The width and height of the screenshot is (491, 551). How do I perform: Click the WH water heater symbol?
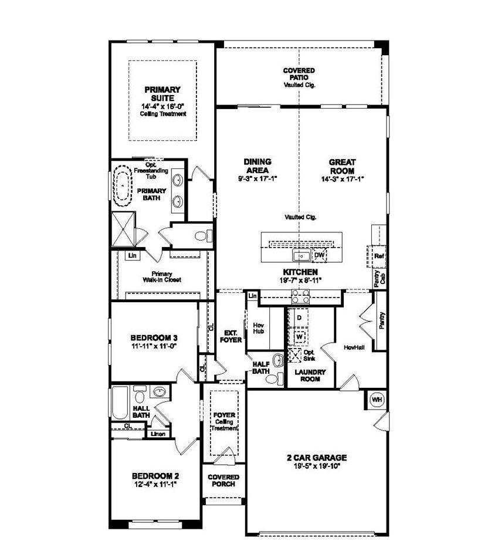point(377,399)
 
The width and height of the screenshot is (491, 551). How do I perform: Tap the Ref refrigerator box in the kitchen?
point(378,256)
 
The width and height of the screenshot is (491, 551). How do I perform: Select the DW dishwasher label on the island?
point(319,255)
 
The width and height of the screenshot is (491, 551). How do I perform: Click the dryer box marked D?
point(299,317)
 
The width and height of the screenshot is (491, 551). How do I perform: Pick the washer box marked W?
point(299,337)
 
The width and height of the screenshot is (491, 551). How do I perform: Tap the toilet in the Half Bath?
point(272,378)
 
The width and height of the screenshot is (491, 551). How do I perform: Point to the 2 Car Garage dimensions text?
point(317,466)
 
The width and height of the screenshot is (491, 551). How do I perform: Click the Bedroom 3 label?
point(154,338)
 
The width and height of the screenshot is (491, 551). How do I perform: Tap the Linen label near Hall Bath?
point(157,434)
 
